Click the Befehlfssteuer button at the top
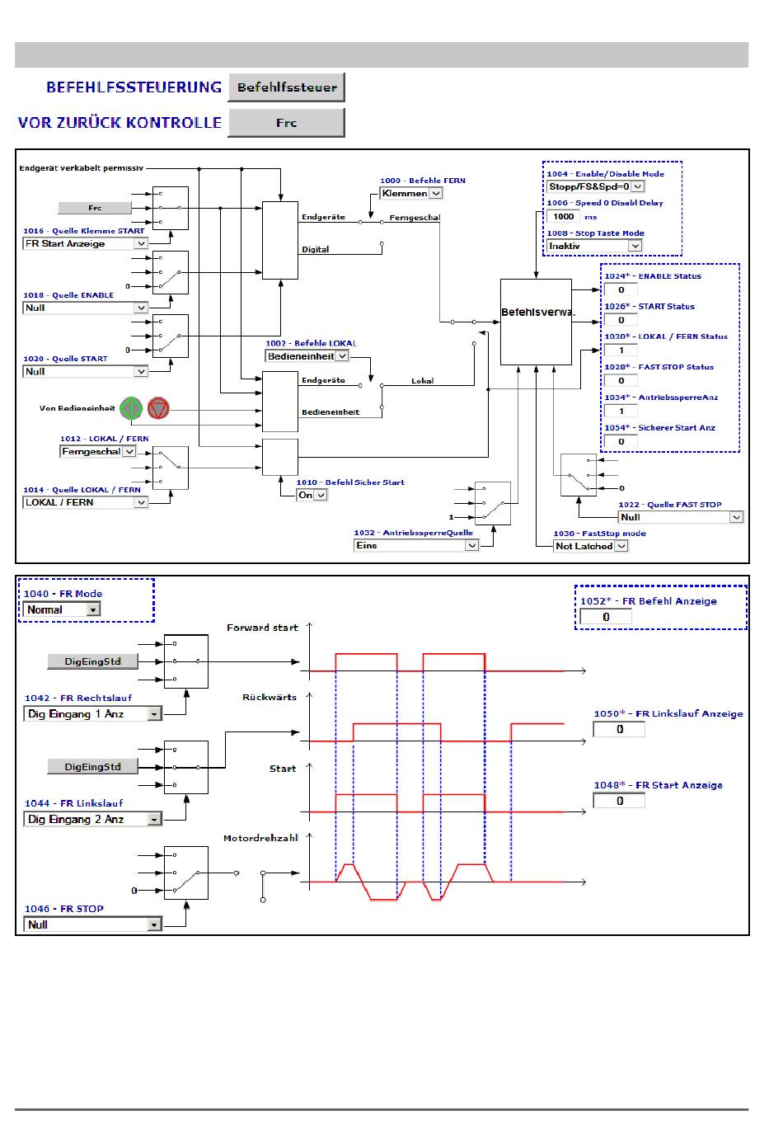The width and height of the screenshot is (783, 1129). click(286, 87)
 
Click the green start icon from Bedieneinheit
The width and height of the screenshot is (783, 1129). click(131, 407)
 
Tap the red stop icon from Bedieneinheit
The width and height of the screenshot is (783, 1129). click(158, 407)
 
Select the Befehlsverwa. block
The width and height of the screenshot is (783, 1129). click(537, 321)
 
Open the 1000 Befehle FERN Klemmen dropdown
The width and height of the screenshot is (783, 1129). click(411, 193)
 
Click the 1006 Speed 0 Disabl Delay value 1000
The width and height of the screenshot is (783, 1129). click(564, 216)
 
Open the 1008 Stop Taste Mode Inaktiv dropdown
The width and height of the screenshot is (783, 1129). click(594, 246)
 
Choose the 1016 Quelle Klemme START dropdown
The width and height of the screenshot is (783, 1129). click(85, 244)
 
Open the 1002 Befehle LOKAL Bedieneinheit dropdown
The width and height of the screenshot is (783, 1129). click(307, 356)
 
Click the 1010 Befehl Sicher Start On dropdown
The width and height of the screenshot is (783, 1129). click(312, 495)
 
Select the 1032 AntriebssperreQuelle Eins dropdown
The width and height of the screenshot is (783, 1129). click(416, 545)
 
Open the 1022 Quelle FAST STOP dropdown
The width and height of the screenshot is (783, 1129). click(681, 517)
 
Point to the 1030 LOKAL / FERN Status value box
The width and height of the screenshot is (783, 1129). click(621, 350)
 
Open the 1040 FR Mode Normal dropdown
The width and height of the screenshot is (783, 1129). click(63, 609)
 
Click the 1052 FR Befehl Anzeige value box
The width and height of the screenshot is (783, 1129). click(606, 617)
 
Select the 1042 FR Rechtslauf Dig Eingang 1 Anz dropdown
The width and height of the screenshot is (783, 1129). click(92, 714)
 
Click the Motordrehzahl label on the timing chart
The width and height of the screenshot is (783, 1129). click(260, 839)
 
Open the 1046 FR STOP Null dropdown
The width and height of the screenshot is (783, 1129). click(92, 924)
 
